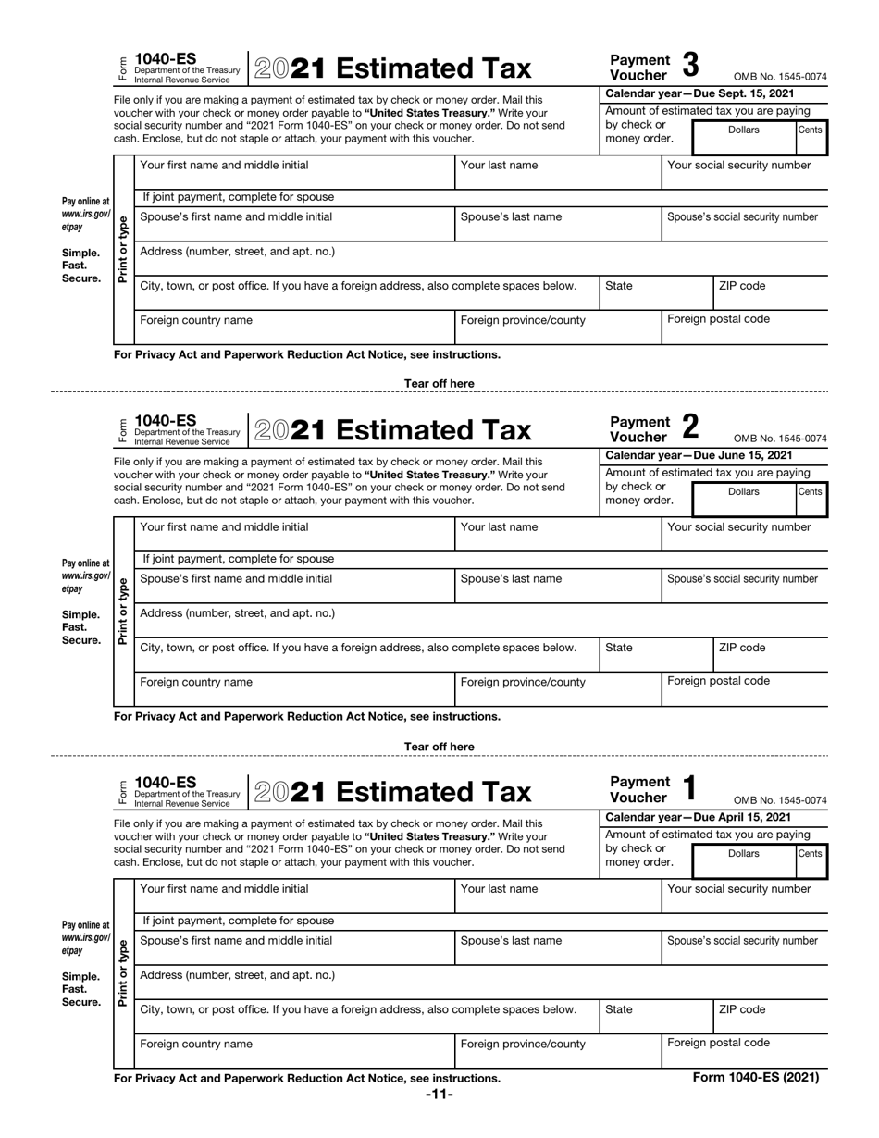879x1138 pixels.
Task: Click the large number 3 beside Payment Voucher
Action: click(x=690, y=66)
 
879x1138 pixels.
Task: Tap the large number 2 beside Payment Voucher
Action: click(x=690, y=427)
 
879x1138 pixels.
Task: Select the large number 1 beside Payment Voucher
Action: click(x=689, y=788)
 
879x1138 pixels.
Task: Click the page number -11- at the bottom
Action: click(x=439, y=1095)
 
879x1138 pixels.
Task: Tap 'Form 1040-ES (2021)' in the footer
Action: click(x=756, y=1077)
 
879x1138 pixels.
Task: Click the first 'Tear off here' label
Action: click(x=439, y=383)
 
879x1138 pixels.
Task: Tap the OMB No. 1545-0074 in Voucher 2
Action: click(x=780, y=439)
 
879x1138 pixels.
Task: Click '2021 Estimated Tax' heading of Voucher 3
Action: click(x=393, y=68)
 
